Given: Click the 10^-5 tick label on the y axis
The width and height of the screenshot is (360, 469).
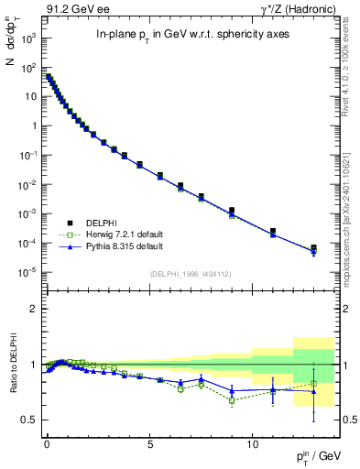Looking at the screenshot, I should tap(27, 272).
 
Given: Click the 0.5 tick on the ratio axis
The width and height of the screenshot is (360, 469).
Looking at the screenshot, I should tap(28, 420).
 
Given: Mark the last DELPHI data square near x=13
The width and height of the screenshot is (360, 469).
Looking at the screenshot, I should tap(314, 248).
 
